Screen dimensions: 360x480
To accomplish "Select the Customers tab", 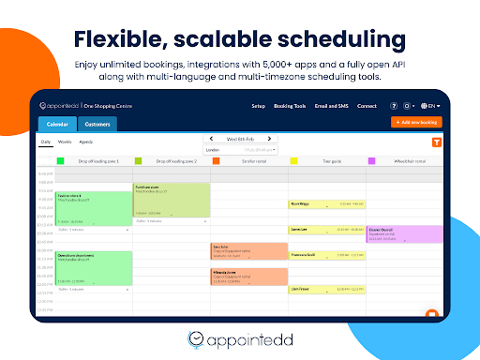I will pyautogui.click(x=97, y=124).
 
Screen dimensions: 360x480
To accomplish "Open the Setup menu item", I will pyautogui.click(x=258, y=106).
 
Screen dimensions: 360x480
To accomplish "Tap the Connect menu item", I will pyautogui.click(x=366, y=106).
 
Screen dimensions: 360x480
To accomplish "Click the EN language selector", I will pyautogui.click(x=431, y=106).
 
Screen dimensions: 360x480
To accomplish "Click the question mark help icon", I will pyautogui.click(x=394, y=106).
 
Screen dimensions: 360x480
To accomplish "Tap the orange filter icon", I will pyautogui.click(x=437, y=142).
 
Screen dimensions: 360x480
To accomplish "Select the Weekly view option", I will pyautogui.click(x=65, y=141).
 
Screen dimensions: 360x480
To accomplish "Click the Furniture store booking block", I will pyautogui.click(x=171, y=200).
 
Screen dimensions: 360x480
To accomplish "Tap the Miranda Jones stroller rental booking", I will pyautogui.click(x=248, y=277).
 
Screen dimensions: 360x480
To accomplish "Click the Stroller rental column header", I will pyautogui.click(x=248, y=161).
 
